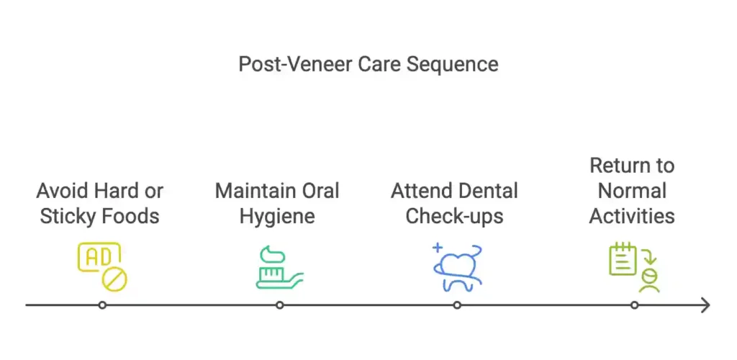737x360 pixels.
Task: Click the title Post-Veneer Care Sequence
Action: (368, 64)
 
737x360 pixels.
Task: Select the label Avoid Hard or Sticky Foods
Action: (99, 204)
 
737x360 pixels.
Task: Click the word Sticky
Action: (64, 216)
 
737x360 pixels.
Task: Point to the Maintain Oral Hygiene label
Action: (277, 204)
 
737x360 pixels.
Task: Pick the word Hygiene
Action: (277, 216)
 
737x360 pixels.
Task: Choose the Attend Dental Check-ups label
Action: (455, 204)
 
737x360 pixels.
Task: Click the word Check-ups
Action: (455, 216)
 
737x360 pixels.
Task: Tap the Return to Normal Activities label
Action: (632, 191)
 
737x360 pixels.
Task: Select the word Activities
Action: (632, 216)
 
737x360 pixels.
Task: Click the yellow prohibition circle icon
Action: (114, 281)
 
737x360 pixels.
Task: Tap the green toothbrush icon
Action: (280, 267)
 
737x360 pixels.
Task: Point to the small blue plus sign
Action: (438, 247)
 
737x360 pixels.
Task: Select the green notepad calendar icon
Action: (623, 259)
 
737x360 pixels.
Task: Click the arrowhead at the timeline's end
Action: (705, 305)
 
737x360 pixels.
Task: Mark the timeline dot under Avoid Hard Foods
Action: (102, 305)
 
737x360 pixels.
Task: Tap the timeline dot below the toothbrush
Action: (280, 305)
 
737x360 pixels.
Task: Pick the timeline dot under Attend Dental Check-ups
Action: (457, 305)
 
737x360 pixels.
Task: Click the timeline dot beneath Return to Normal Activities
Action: (635, 305)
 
